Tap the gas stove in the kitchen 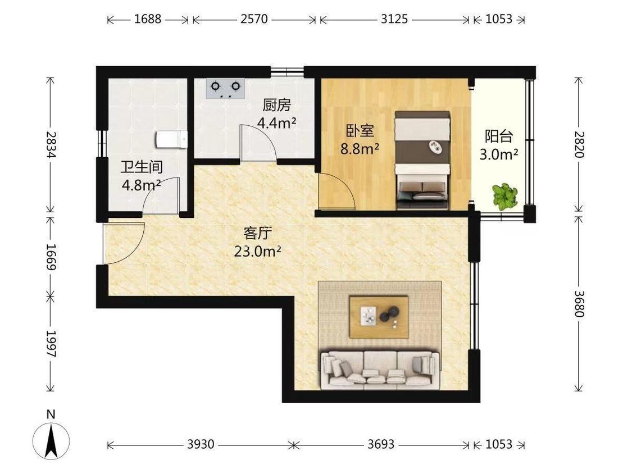coord(225,88)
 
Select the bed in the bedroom coord(422,160)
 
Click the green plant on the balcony coord(504,197)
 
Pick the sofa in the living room coord(380,370)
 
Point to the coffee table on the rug coord(379,317)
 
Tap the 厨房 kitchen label coord(276,105)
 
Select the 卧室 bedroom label coord(360,131)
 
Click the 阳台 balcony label coord(499,136)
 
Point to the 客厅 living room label coord(257,233)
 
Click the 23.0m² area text coord(257,251)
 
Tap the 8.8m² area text coord(360,149)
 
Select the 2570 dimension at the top coord(254,19)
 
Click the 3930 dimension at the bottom coord(201,445)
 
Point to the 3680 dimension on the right coord(579,304)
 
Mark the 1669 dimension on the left coord(51,257)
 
